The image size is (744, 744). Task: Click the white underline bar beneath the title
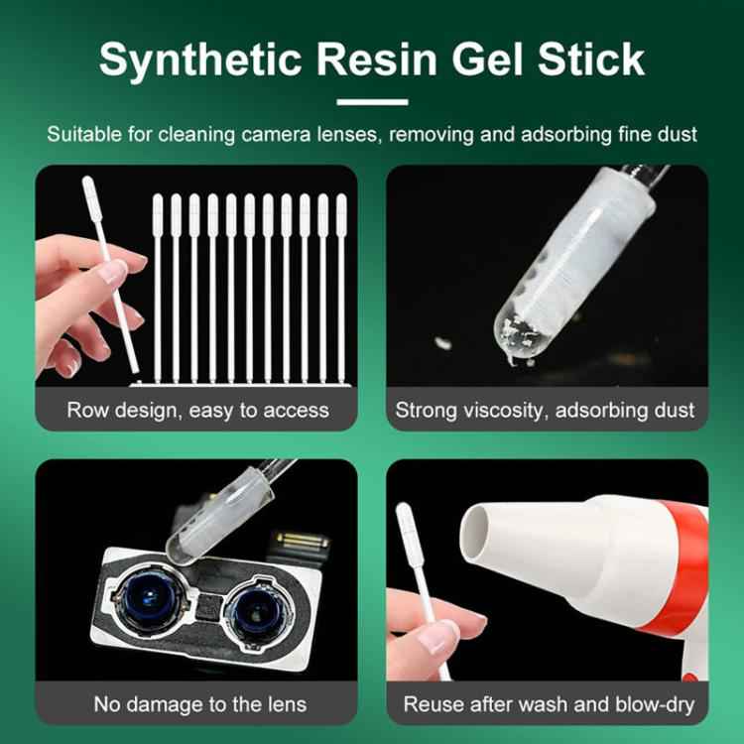click(372, 101)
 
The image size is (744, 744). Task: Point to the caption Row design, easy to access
click(197, 409)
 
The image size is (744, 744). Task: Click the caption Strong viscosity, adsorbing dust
click(546, 409)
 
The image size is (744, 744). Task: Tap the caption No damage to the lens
click(199, 704)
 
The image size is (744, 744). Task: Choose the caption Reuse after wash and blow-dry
click(548, 704)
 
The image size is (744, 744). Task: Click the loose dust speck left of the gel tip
click(443, 344)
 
